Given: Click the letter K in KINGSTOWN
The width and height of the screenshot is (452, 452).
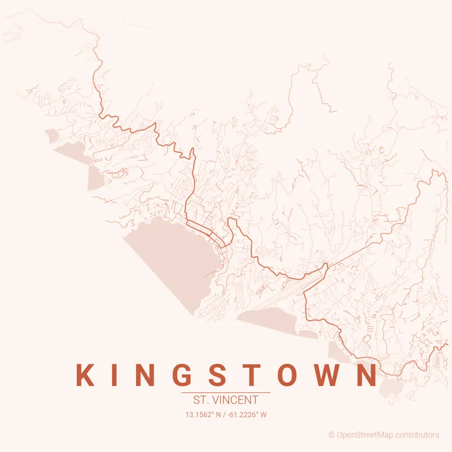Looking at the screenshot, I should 85,375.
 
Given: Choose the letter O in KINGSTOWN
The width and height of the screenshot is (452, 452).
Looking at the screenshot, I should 287,375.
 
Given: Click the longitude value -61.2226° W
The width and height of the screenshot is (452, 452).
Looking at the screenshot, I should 247,414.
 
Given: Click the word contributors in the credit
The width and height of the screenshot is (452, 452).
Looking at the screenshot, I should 417,435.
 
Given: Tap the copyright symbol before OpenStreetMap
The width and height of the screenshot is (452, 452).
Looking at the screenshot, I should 331,435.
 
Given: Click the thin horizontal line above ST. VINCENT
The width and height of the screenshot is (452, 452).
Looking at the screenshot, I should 226,393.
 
